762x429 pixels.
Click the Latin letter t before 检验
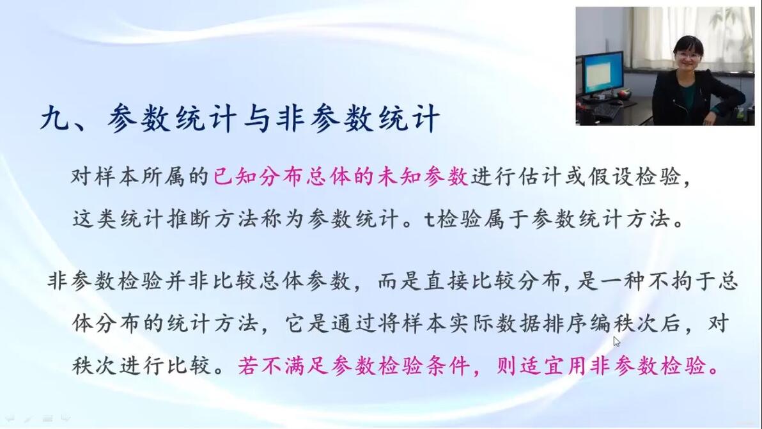point(429,219)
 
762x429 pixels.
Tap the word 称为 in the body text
point(283,219)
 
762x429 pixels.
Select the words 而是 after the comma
point(399,281)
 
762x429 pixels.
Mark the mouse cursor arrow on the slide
point(616,341)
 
